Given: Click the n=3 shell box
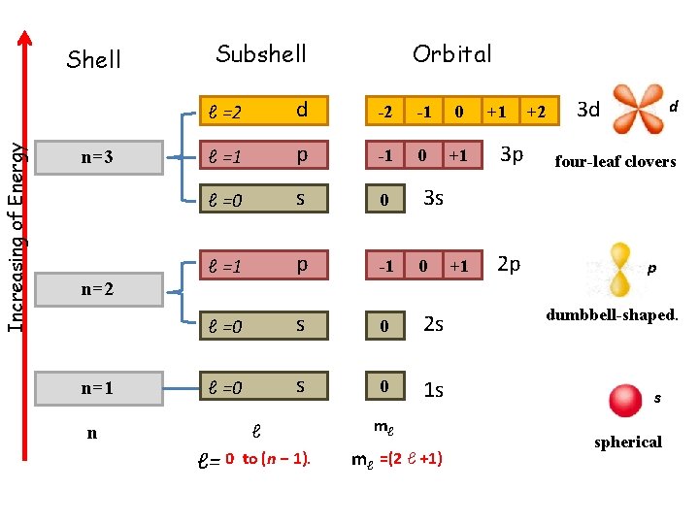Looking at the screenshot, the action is click(96, 156).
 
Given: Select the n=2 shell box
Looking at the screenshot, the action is click(96, 288).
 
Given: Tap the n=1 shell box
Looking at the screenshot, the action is click(96, 388).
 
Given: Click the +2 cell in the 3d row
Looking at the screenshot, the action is click(535, 112).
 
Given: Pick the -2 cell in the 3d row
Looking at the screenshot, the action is click(385, 112).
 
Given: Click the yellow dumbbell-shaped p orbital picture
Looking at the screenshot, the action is click(618, 269).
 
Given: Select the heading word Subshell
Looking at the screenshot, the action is click(261, 53).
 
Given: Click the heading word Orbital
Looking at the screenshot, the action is click(451, 53).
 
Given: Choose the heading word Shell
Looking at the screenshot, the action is click(93, 60).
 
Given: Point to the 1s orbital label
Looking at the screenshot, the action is click(433, 390).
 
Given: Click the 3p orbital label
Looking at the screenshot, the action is click(511, 155).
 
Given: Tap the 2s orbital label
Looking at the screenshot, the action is click(433, 325).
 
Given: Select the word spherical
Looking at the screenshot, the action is click(627, 442).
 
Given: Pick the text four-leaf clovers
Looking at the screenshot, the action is click(615, 162).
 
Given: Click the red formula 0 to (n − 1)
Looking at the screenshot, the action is click(268, 459).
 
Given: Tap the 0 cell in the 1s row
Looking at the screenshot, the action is click(384, 387).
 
